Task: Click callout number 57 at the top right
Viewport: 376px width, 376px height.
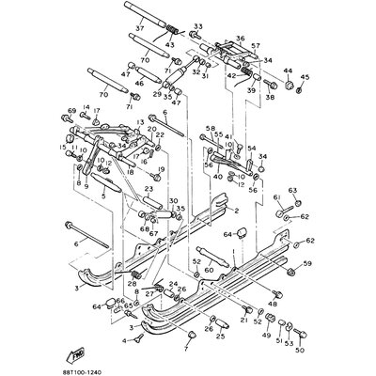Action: pyautogui.click(x=255, y=45)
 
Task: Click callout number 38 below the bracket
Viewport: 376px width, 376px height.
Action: pyautogui.click(x=270, y=98)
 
